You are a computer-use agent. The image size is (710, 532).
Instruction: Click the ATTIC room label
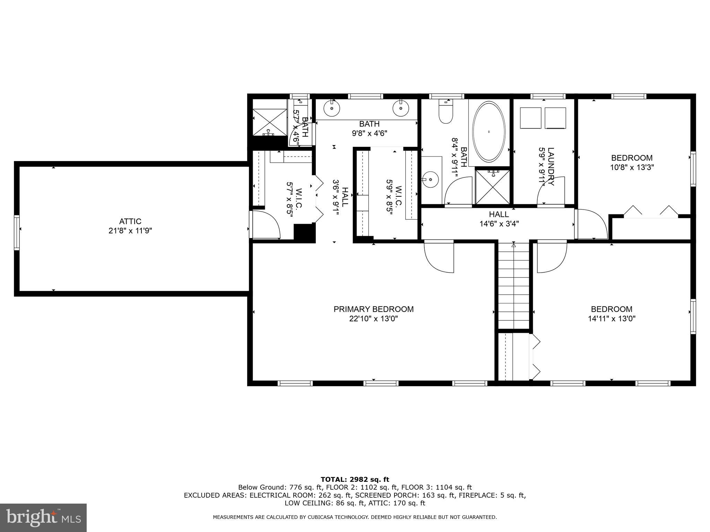(130, 221)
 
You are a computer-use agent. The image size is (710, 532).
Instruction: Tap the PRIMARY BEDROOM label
(373, 309)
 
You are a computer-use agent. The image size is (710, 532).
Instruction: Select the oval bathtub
(489, 132)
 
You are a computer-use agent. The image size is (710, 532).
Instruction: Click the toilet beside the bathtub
(446, 113)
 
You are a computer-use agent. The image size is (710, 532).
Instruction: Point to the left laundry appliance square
(531, 118)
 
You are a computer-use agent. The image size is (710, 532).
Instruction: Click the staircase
(513, 286)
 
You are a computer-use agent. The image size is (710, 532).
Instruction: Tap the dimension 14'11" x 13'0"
(612, 319)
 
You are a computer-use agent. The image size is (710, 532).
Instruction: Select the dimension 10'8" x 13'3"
(632, 168)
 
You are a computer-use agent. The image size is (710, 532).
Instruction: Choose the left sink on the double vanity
(332, 108)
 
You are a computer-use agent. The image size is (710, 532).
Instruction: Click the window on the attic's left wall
(17, 232)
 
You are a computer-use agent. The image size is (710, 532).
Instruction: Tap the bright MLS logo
(43, 517)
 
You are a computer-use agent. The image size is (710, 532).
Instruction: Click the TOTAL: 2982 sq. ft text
(355, 479)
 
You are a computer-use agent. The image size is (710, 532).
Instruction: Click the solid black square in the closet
(304, 232)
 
